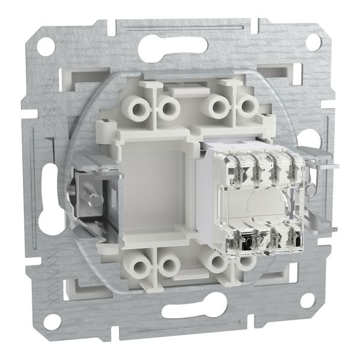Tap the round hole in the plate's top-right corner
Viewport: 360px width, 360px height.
313,41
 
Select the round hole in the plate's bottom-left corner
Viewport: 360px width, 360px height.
52,322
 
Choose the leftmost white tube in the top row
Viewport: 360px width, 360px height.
133,107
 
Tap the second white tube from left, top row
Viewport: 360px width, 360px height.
168,108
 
